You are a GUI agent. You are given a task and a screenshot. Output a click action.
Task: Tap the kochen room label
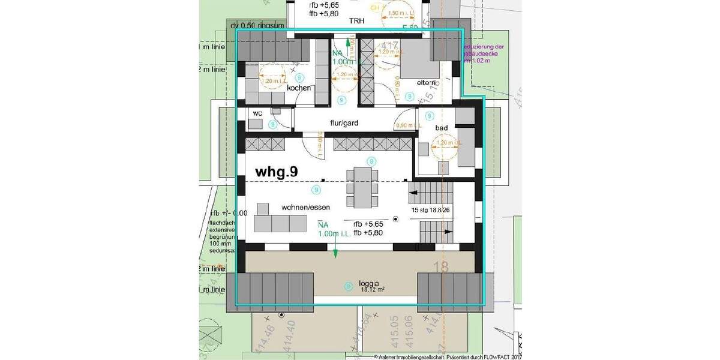point(299,88)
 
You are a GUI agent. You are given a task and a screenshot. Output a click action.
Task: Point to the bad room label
point(442,128)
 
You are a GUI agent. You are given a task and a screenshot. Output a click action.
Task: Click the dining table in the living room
point(362,187)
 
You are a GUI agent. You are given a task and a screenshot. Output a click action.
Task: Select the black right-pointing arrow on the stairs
point(448,230)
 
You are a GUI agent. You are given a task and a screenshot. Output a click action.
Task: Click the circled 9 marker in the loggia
point(348,287)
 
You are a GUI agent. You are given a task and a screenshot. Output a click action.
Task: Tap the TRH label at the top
point(358,20)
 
